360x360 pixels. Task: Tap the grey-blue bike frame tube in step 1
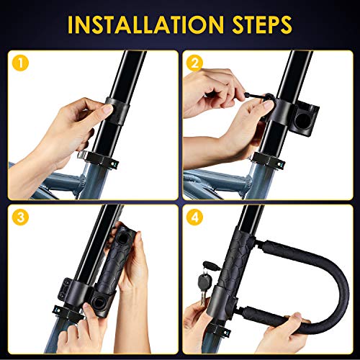(x=43, y=180)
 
